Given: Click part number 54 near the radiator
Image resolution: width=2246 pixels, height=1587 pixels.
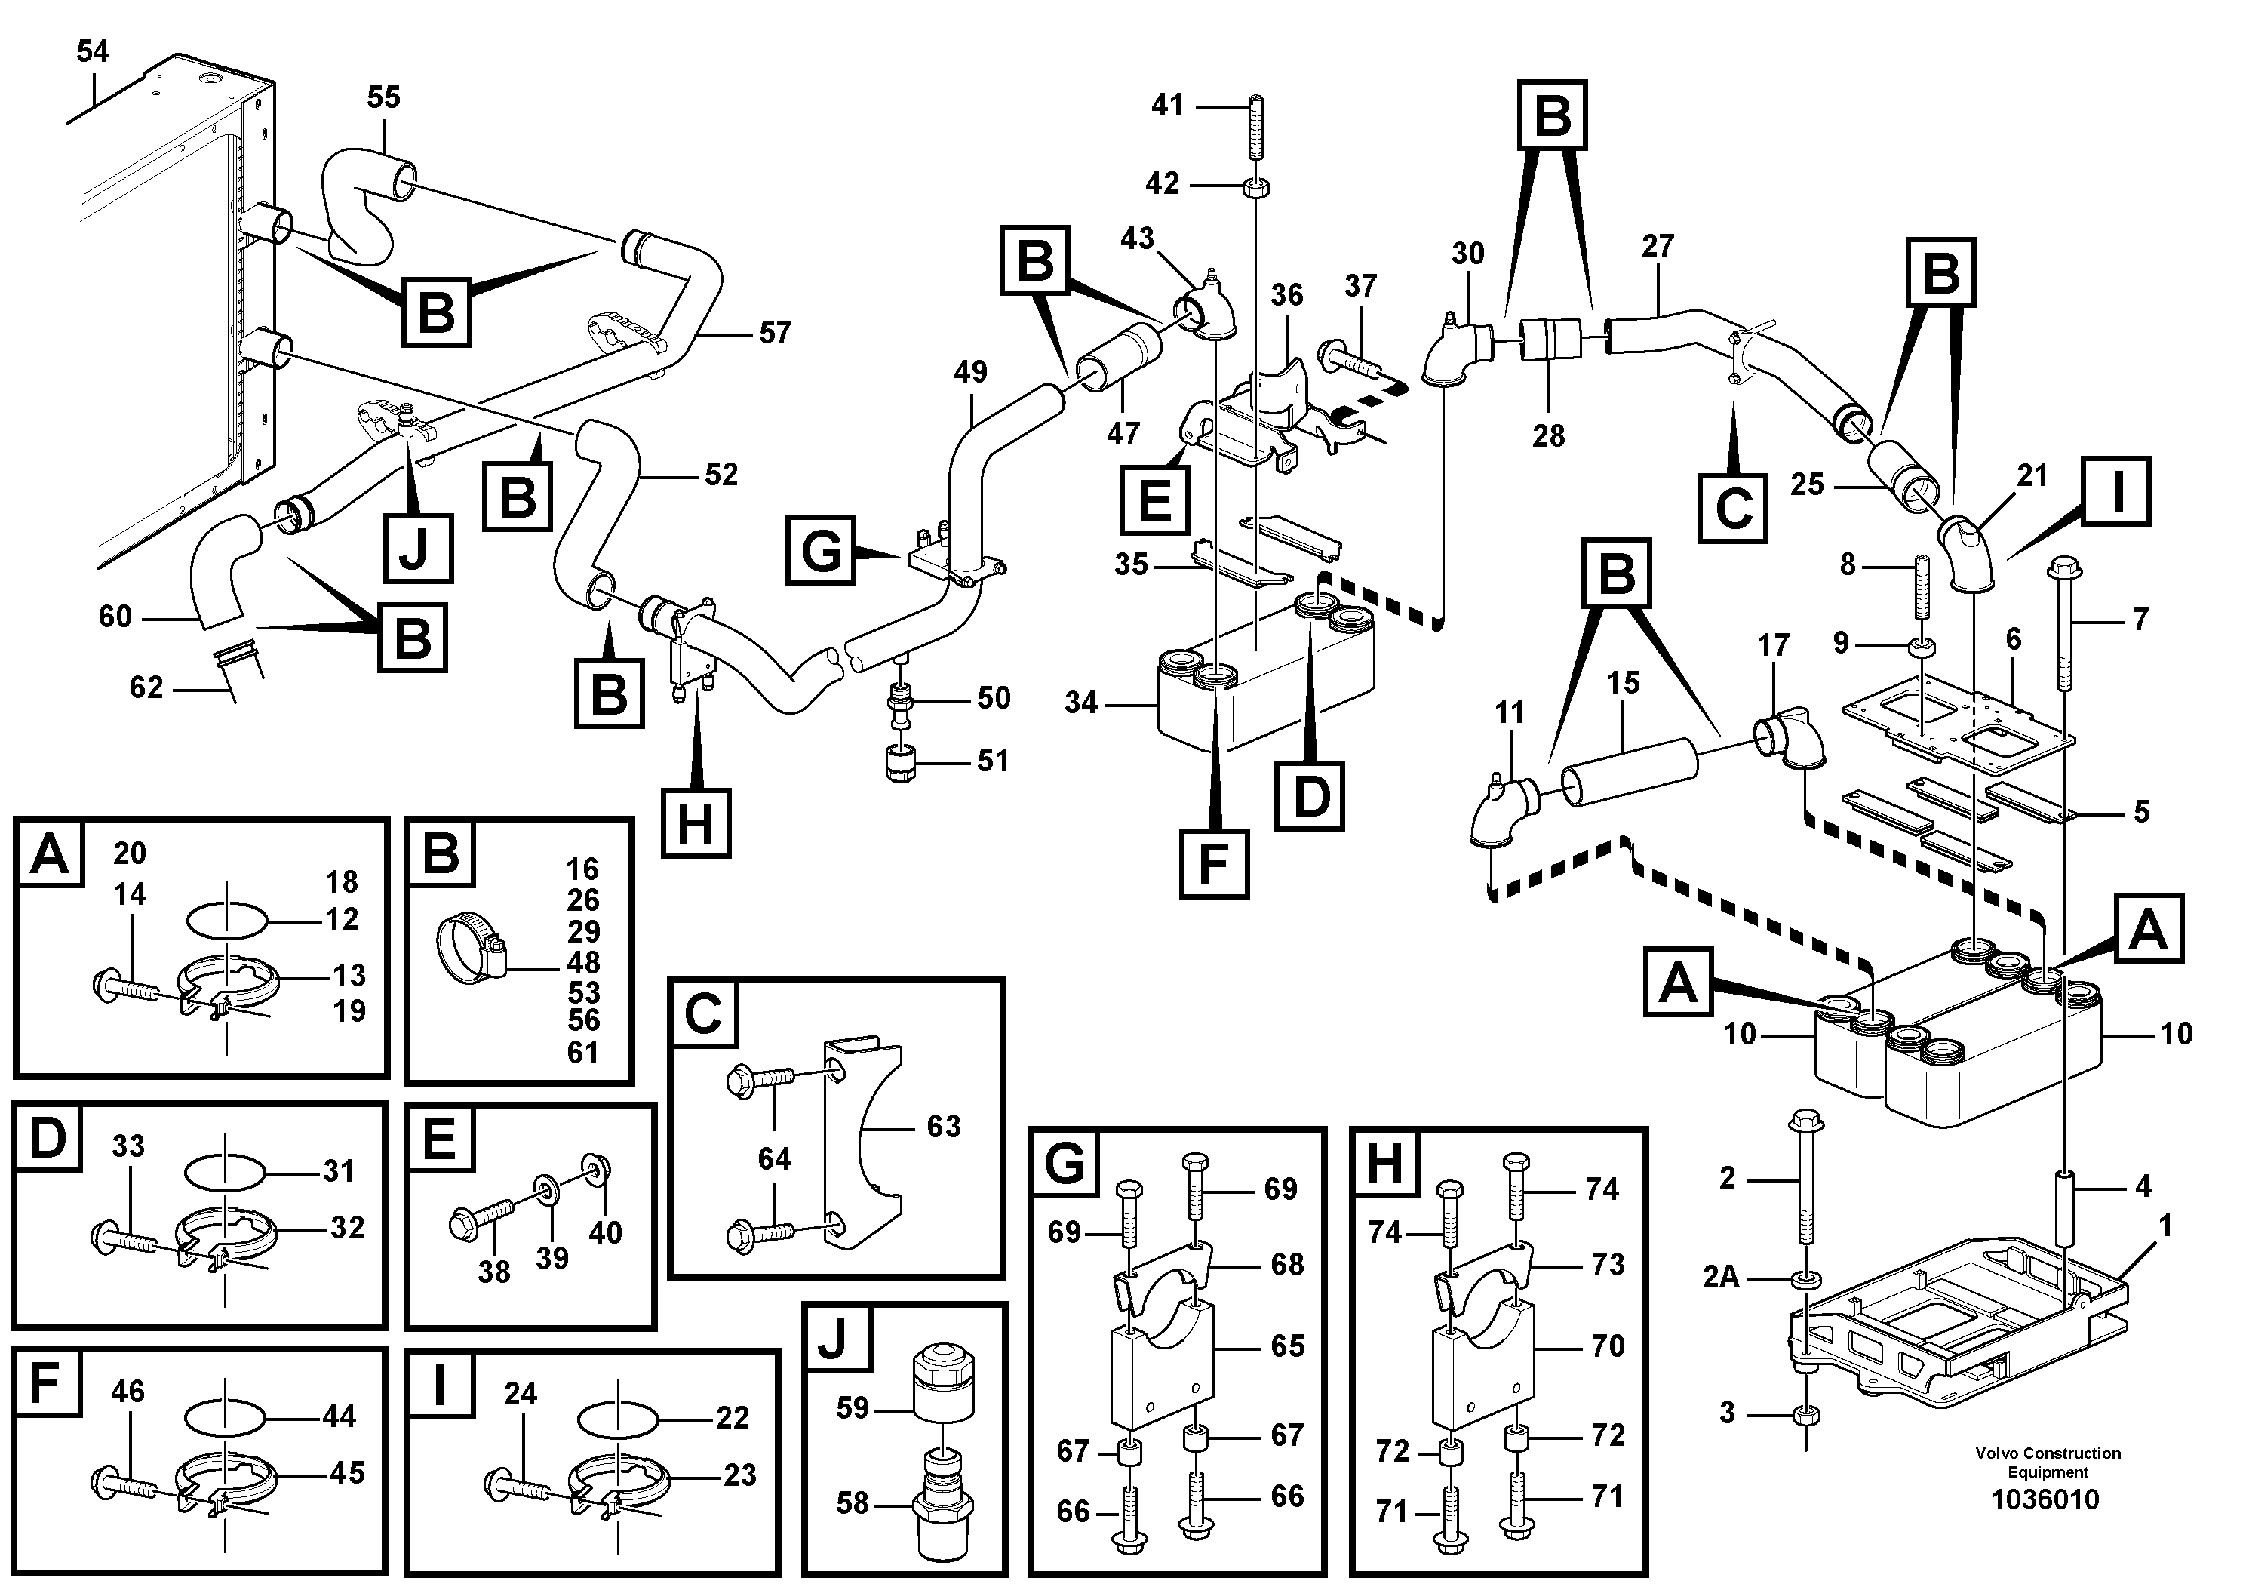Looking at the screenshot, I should (x=93, y=51).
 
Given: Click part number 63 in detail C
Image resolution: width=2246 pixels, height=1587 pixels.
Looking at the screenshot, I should (x=943, y=1126).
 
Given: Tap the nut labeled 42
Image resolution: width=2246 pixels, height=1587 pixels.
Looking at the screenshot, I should (x=1253, y=185).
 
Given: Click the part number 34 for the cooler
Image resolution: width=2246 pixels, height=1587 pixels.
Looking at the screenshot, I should (x=1081, y=703).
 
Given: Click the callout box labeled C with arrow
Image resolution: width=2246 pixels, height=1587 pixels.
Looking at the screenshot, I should (x=1732, y=508).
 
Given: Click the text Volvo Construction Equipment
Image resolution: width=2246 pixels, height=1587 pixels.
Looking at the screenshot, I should (x=2046, y=1462).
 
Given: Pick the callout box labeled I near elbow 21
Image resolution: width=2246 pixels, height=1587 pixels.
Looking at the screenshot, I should (x=2116, y=491).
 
